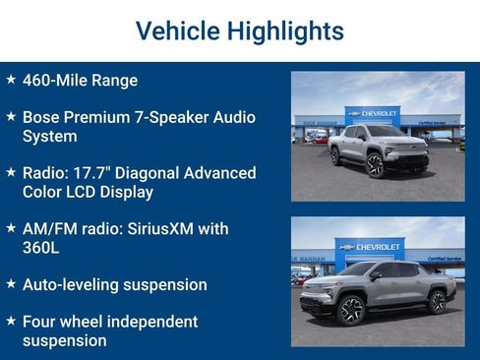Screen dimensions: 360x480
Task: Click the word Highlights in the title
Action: [x=285, y=31]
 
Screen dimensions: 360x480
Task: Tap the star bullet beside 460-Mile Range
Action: [x=11, y=79]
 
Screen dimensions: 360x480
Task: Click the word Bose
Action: [x=43, y=117]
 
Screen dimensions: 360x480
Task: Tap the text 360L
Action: [x=41, y=248]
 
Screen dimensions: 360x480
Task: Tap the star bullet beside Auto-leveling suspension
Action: [x=11, y=283]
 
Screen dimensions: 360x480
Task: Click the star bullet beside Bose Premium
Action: [x=11, y=115]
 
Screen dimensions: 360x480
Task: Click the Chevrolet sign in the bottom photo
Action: [x=373, y=246]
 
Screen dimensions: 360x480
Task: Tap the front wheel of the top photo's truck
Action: [x=375, y=164]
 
